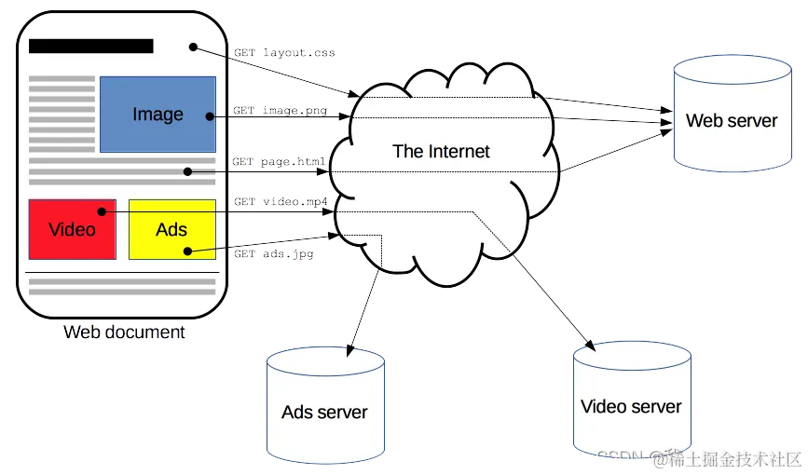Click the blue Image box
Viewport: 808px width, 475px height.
tap(157, 114)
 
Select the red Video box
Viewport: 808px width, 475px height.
tap(72, 229)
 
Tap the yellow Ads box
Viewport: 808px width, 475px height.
tap(171, 229)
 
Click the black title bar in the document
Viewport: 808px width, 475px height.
tap(90, 46)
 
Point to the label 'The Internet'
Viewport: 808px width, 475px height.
tap(441, 151)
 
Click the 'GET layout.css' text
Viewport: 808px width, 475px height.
tap(284, 54)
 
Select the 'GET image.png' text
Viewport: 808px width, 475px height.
tap(281, 111)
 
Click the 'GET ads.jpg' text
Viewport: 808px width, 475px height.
tap(272, 252)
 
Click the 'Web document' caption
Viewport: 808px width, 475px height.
tap(124, 332)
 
